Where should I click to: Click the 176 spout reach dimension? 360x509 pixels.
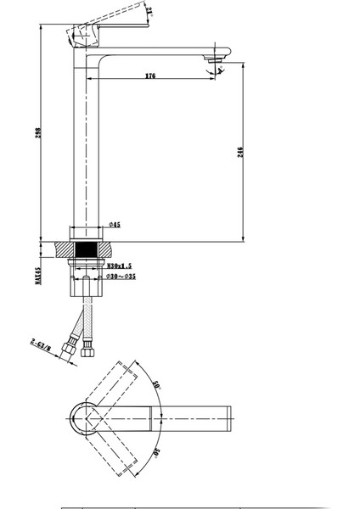tap(149, 76)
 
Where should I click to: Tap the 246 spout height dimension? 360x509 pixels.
tap(242, 152)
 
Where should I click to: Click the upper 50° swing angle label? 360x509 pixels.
tap(155, 383)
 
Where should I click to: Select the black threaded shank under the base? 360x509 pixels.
tap(83, 251)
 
